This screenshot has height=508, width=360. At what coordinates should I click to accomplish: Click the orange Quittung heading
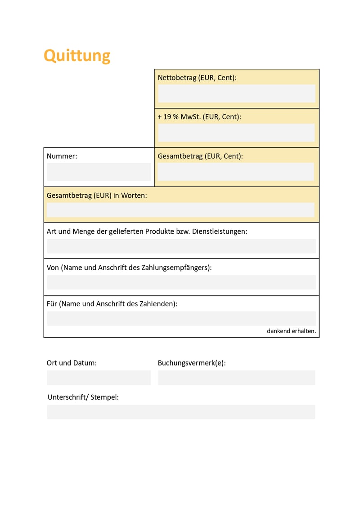click(77, 56)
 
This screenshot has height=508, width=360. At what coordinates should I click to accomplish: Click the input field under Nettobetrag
click(236, 94)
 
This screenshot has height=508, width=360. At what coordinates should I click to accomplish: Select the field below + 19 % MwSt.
click(236, 133)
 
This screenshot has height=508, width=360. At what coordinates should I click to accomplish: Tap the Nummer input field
click(99, 172)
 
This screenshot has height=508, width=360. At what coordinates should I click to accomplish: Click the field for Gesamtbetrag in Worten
click(180, 210)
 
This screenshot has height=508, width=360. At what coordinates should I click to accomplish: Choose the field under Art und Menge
click(181, 246)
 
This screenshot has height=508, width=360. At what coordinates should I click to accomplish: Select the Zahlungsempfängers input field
click(181, 282)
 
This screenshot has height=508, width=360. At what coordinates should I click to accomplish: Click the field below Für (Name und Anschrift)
click(181, 318)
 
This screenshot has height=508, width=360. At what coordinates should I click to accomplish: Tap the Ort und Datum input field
click(99, 378)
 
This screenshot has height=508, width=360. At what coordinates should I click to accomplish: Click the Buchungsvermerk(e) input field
click(236, 378)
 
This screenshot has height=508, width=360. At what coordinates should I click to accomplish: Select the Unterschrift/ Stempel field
click(181, 412)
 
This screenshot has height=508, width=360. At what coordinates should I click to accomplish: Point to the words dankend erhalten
click(291, 331)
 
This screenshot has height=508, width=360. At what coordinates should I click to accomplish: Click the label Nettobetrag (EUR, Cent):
click(197, 78)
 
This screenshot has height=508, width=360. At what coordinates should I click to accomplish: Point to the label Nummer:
click(62, 156)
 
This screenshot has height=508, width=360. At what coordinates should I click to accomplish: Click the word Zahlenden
click(159, 303)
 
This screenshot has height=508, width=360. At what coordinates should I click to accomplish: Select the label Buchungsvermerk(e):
click(192, 363)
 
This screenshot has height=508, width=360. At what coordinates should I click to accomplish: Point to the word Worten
click(134, 196)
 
